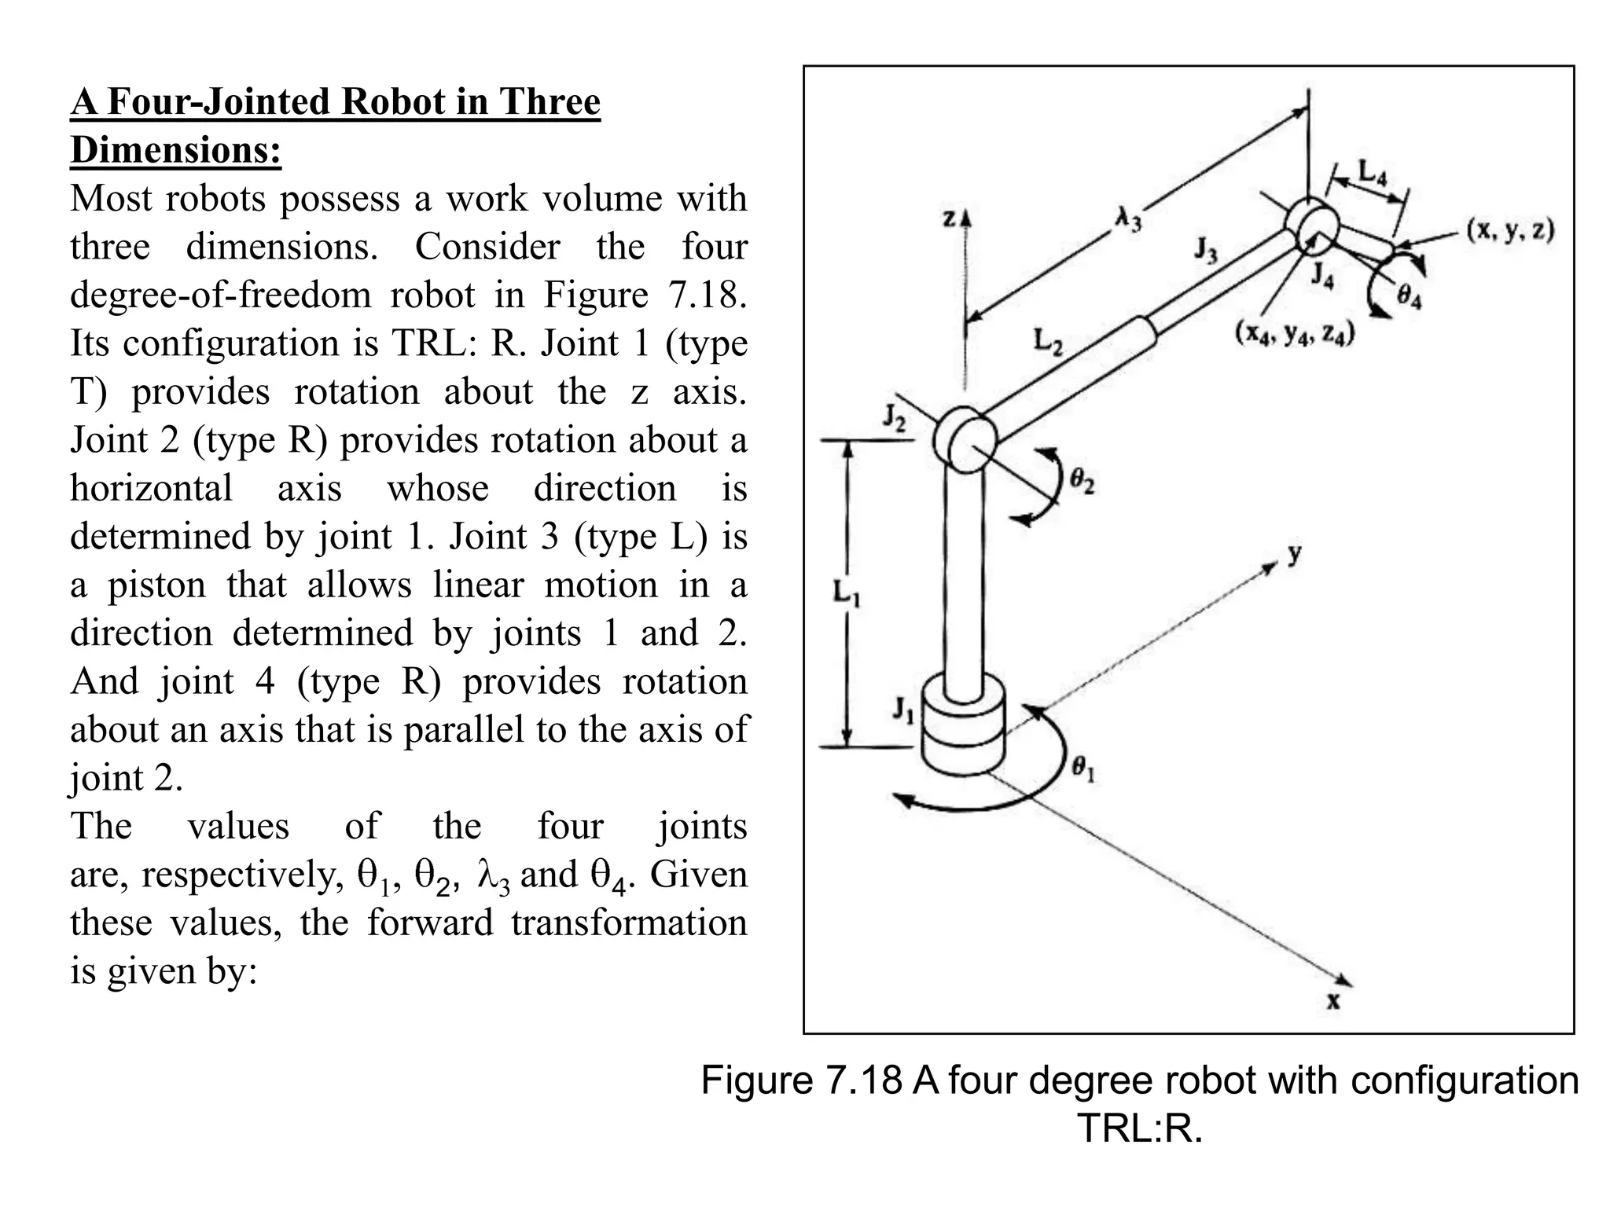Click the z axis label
(x=950, y=219)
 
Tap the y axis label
(x=1294, y=553)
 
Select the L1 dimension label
(x=847, y=593)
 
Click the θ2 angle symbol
(x=1082, y=480)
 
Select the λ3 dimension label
(x=1128, y=218)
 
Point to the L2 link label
(x=1048, y=341)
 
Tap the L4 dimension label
(x=1373, y=171)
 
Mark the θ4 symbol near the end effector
(x=1410, y=297)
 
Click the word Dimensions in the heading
(x=175, y=149)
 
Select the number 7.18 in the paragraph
(x=704, y=295)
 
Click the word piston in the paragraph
(x=156, y=585)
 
